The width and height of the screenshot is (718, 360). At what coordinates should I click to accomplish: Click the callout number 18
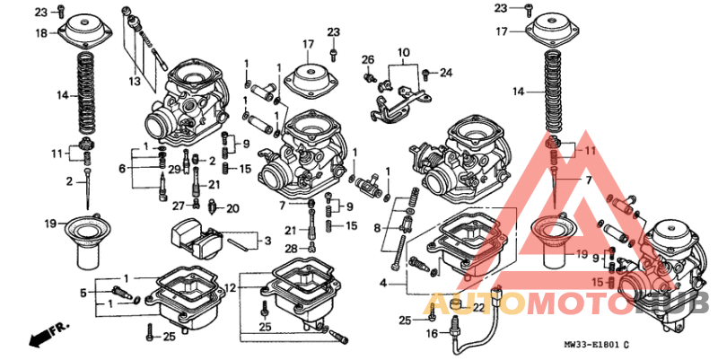(41, 33)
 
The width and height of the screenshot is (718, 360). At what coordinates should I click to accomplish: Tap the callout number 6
(123, 168)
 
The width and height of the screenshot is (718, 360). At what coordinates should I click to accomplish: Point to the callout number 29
(176, 169)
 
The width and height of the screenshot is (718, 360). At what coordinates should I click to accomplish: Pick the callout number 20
(233, 208)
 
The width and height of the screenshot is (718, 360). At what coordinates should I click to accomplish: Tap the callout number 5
(83, 292)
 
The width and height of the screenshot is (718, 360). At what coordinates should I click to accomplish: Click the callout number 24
(446, 73)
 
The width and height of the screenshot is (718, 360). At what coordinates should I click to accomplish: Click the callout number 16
(431, 333)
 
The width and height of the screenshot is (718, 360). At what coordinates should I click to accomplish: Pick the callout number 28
(290, 248)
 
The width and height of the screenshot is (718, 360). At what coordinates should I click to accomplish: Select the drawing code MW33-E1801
(593, 344)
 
